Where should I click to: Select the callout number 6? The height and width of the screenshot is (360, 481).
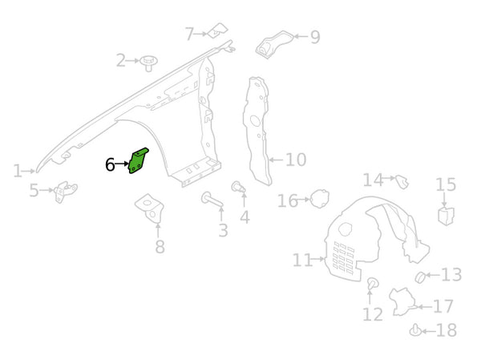[x=110, y=165]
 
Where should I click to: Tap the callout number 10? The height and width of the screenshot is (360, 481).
[x=295, y=160]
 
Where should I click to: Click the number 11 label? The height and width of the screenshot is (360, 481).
[x=301, y=260]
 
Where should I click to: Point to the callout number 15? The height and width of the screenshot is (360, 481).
[x=446, y=185]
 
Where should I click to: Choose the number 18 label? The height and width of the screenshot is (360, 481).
[x=447, y=330]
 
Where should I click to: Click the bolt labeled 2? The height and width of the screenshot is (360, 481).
[x=148, y=60]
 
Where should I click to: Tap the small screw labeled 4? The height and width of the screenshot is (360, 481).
[x=237, y=187]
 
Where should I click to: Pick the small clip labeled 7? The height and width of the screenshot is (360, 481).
[x=216, y=32]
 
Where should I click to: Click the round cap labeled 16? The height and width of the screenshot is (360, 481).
[x=319, y=197]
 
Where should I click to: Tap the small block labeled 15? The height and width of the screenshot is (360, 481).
[x=446, y=214]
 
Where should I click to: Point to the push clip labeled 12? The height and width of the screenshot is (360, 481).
[x=372, y=285]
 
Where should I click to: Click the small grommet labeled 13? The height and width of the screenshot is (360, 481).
[x=418, y=277]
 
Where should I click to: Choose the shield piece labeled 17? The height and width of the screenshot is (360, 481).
[x=403, y=301]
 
